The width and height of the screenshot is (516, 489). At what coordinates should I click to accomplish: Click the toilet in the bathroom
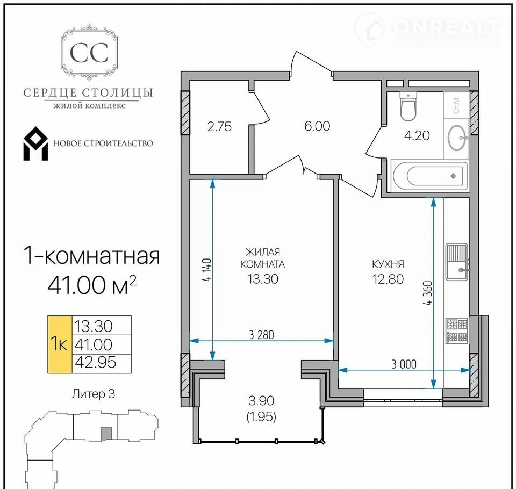pyautogui.click(x=408, y=106)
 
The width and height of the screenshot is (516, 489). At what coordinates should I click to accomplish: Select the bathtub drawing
pyautogui.click(x=429, y=176)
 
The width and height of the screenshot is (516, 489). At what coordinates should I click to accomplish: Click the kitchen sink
pyautogui.click(x=457, y=262)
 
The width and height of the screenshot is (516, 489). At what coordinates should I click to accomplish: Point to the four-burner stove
pyautogui.click(x=457, y=330)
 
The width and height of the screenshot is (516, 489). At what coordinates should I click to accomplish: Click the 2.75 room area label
pyautogui.click(x=219, y=126)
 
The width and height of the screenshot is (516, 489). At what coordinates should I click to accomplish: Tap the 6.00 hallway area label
pyautogui.click(x=317, y=126)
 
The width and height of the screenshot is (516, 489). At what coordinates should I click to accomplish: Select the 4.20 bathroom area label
pyautogui.click(x=417, y=135)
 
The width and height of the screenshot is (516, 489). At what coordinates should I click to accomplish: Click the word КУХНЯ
pyautogui.click(x=388, y=264)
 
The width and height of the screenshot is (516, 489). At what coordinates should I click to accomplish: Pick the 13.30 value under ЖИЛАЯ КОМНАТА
pyautogui.click(x=263, y=279)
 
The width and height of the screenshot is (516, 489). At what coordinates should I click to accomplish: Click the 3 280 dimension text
pyautogui.click(x=262, y=335)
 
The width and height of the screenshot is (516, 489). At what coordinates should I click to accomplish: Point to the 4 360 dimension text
pyautogui.click(x=428, y=293)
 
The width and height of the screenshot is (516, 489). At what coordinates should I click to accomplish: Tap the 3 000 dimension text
pyautogui.click(x=404, y=364)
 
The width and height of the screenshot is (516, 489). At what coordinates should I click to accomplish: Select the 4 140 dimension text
pyautogui.click(x=207, y=270)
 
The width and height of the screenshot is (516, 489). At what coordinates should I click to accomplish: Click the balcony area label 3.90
pyautogui.click(x=261, y=401)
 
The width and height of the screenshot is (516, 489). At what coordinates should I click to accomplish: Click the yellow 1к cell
pyautogui.click(x=60, y=344)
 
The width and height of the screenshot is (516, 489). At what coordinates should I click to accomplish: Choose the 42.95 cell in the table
pyautogui.click(x=96, y=363)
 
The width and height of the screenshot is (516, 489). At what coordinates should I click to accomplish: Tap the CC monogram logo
pyautogui.click(x=89, y=53)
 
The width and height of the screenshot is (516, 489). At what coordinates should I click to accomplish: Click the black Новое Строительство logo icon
pyautogui.click(x=35, y=143)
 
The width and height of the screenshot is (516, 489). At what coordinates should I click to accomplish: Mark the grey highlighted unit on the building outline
pyautogui.click(x=106, y=434)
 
